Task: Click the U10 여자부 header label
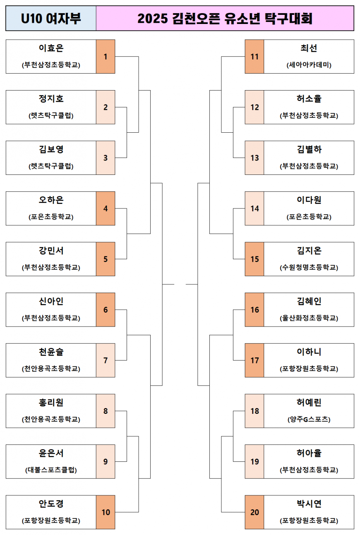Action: [x=51, y=19]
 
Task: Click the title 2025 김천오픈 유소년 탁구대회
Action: [x=225, y=19]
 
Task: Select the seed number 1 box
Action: [x=106, y=57]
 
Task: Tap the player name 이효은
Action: [x=51, y=48]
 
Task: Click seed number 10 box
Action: [x=106, y=512]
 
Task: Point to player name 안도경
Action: [x=51, y=504]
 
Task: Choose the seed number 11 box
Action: [x=254, y=57]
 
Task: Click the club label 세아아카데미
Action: [x=309, y=65]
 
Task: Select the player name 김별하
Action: [x=309, y=150]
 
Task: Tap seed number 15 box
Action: [x=254, y=259]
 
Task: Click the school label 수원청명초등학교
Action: [x=309, y=268]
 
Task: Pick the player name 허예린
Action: [x=309, y=403]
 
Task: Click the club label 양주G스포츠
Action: [x=309, y=420]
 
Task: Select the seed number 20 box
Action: [x=254, y=512]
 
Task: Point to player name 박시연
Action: [x=309, y=504]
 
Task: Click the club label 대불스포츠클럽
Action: [x=51, y=470]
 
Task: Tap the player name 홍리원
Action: [x=51, y=403]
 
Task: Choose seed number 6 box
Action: [x=106, y=310]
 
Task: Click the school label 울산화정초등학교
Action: [x=309, y=318]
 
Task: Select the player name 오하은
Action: [x=51, y=200]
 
